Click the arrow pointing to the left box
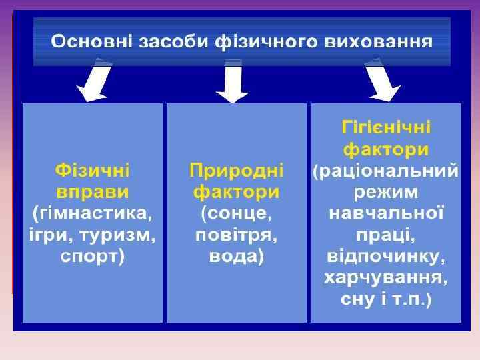point(95,80)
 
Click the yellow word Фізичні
point(93,170)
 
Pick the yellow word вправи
point(93,192)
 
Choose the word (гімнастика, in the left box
point(93,213)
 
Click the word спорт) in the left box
point(93,257)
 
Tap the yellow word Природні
point(237,170)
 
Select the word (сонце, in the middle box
point(237,213)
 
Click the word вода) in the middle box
point(237,257)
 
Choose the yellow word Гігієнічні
point(386,127)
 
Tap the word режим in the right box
point(386,192)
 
